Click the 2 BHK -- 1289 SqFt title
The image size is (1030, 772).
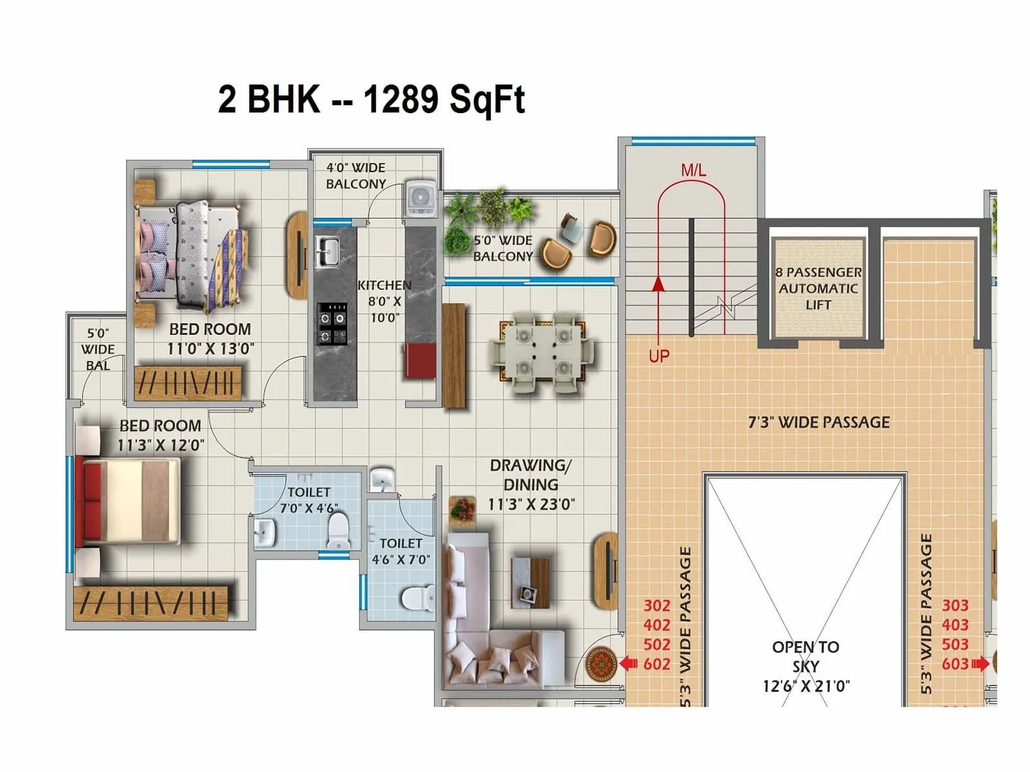371,100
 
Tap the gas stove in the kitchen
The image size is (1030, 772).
332,326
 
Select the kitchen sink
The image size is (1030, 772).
327,252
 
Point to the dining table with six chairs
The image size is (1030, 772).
543,352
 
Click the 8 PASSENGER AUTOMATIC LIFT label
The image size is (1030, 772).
818,288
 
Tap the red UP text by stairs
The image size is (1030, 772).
659,356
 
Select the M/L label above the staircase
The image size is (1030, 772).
693,170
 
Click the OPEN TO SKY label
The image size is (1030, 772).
805,666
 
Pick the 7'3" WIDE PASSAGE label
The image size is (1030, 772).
819,423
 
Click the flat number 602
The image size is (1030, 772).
657,664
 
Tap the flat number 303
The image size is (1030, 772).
955,605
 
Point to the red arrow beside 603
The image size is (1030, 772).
980,663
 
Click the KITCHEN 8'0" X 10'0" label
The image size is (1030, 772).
384,301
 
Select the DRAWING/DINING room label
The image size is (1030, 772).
530,484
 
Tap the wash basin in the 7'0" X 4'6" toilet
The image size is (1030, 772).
265,532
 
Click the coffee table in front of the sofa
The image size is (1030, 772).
530,582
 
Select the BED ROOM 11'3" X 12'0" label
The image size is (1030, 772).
160,436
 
